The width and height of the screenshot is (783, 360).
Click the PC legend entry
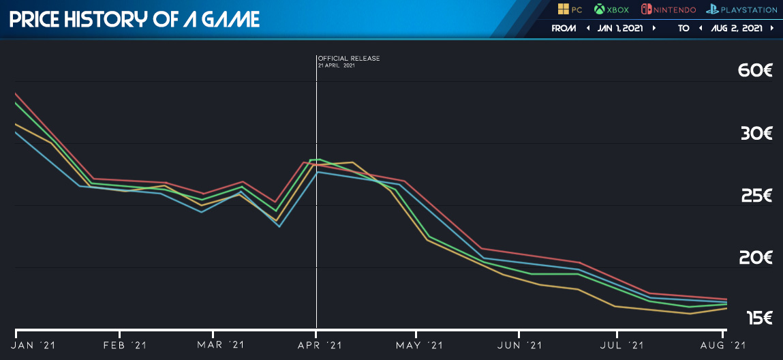[x=569, y=10]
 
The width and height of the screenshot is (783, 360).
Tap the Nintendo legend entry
[x=668, y=10]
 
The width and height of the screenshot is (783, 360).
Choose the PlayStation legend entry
[x=741, y=10]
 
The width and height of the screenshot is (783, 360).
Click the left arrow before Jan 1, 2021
[x=587, y=29]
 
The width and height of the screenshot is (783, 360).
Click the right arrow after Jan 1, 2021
[x=654, y=29]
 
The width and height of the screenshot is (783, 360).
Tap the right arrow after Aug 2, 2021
[x=771, y=29]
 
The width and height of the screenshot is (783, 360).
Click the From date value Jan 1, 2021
[x=621, y=29]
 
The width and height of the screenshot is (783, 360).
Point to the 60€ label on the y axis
[x=755, y=71]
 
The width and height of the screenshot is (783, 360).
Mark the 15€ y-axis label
[x=758, y=318]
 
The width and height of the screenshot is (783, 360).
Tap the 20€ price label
[x=755, y=258]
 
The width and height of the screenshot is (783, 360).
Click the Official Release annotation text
[x=348, y=59]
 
